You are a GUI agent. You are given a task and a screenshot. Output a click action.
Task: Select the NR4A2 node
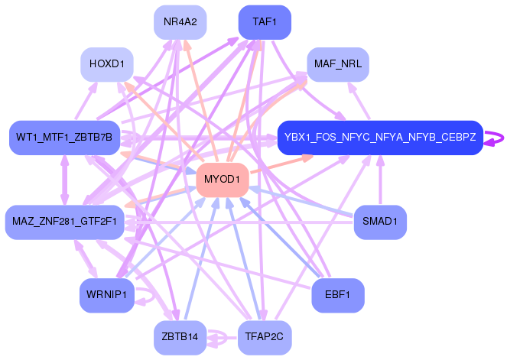180,21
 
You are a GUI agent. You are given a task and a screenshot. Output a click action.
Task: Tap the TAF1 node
265,21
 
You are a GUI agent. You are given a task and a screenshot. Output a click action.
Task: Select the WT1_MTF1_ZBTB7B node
63,138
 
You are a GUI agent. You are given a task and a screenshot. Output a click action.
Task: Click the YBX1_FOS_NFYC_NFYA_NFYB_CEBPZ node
379,138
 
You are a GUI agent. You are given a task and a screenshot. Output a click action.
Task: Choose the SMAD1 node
379,222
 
